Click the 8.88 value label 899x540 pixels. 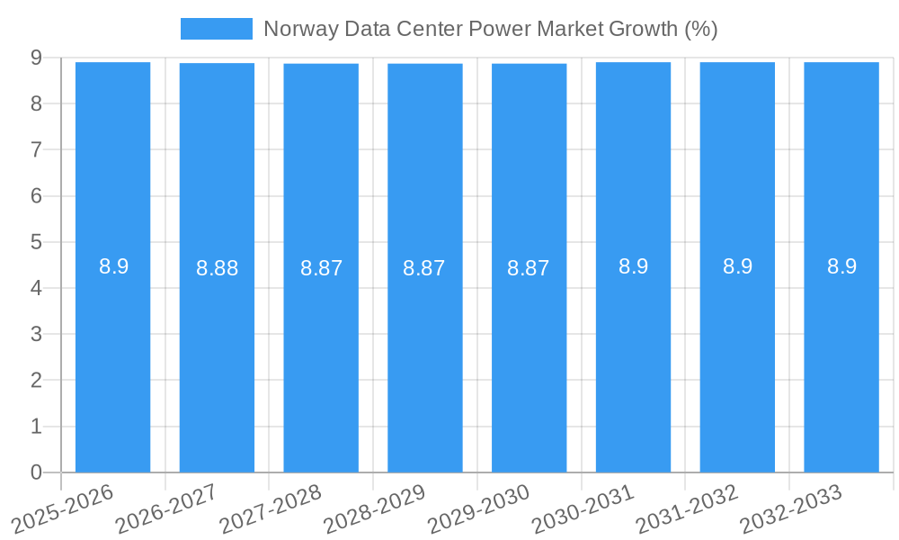coord(218,268)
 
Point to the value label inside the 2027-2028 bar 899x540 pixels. coord(321,268)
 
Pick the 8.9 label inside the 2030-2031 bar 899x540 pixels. coord(633,266)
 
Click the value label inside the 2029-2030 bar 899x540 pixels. coord(529,268)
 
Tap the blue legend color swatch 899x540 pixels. coord(217,29)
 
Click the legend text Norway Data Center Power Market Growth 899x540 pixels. coord(490,29)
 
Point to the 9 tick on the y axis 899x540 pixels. coord(36,58)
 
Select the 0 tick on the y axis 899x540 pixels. coord(36,472)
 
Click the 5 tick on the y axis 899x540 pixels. coord(36,242)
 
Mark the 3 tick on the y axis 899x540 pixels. coord(36,335)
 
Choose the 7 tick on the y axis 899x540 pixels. coord(36,149)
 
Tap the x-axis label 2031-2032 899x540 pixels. coord(687,508)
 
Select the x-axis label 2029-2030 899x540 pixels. coord(478,508)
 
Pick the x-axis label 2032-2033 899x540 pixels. coord(791,508)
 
